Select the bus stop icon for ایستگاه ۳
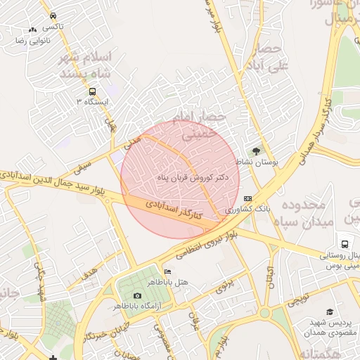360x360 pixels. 92,91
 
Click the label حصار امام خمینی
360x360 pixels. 202,125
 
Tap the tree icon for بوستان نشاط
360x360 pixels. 256,150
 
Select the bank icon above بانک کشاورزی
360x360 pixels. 247,199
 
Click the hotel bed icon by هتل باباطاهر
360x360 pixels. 167,271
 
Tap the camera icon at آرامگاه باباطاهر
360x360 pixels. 137,295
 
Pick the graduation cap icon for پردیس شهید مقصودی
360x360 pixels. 329,311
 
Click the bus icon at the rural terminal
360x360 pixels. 345,241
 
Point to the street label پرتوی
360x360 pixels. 224,287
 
